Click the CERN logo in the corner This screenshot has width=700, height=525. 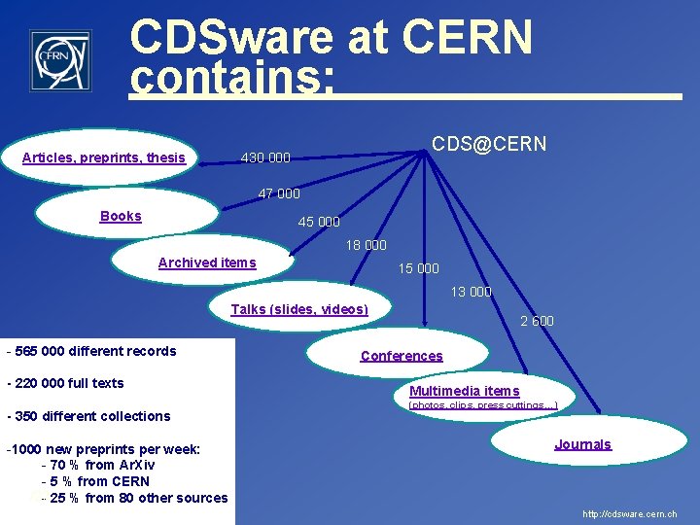click(60, 60)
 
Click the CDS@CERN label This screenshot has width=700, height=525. click(489, 145)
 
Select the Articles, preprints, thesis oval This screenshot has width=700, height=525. click(104, 157)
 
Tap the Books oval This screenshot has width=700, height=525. click(122, 216)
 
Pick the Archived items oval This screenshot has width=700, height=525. click(207, 262)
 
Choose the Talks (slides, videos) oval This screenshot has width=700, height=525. click(299, 309)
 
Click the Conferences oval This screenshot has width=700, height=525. click(402, 356)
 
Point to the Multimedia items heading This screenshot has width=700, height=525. click(465, 391)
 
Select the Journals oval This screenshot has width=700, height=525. click(582, 444)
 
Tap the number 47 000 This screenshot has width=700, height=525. click(279, 193)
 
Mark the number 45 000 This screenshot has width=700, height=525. click(319, 222)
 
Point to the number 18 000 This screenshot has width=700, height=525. click(367, 245)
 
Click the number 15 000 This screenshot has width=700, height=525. click(419, 268)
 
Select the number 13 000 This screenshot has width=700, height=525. click(471, 292)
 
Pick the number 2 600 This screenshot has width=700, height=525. click(537, 321)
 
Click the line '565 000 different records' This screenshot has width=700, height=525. click(91, 351)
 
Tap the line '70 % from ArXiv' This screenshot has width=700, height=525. click(97, 465)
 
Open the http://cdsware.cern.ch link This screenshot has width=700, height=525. click(629, 513)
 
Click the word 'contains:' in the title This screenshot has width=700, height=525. click(231, 80)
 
